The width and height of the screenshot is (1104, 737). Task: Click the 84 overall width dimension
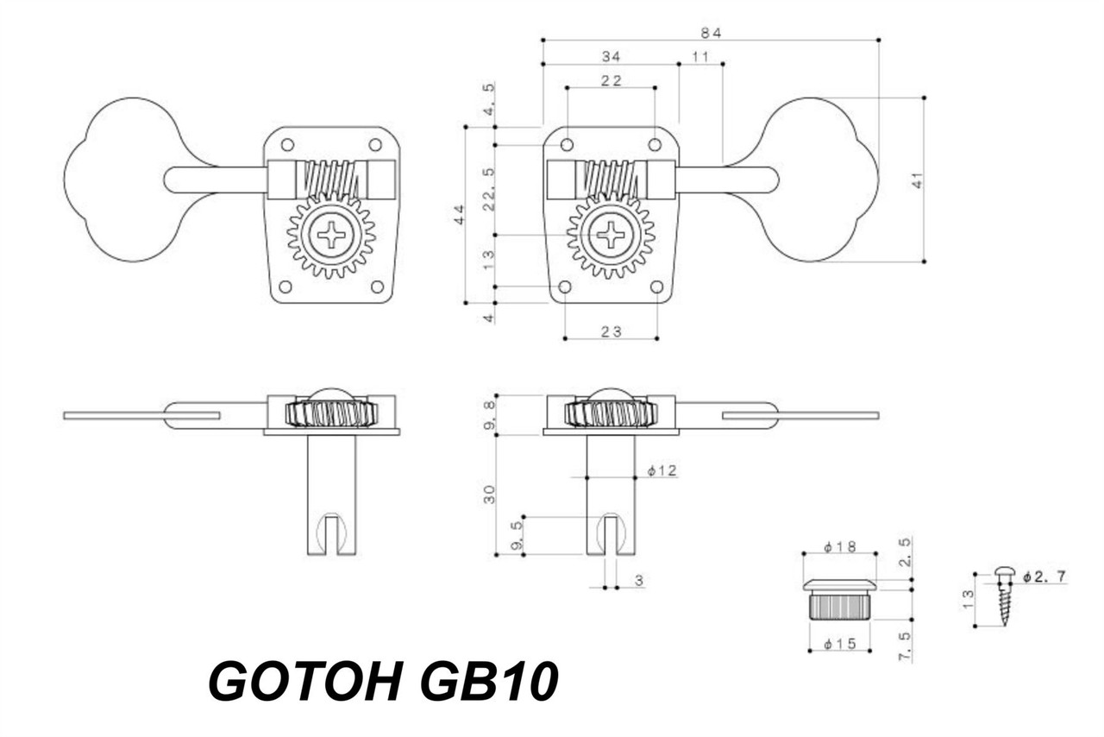tap(710, 33)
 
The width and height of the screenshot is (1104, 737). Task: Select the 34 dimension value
tap(611, 56)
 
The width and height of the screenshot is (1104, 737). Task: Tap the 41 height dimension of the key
tap(918, 180)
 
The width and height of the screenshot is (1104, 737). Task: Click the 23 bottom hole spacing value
tap(611, 331)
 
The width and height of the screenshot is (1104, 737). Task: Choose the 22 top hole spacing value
tap(611, 80)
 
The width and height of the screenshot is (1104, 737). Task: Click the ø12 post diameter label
tap(662, 470)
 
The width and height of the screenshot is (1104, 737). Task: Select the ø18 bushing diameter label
tap(838, 546)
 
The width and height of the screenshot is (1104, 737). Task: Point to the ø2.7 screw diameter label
tap(1044, 576)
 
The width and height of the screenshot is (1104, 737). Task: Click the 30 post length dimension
tap(490, 494)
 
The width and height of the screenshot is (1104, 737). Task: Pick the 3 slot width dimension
tap(638, 581)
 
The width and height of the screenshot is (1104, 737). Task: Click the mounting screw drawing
tap(1003, 595)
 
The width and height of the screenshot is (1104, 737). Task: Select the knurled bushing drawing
tap(838, 601)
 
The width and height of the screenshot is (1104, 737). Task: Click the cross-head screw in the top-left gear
tap(331, 235)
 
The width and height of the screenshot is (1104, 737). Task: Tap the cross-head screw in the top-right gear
tap(611, 235)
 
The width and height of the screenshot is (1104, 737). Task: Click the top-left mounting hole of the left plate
tap(288, 144)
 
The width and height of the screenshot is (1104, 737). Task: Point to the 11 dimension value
tap(699, 56)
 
